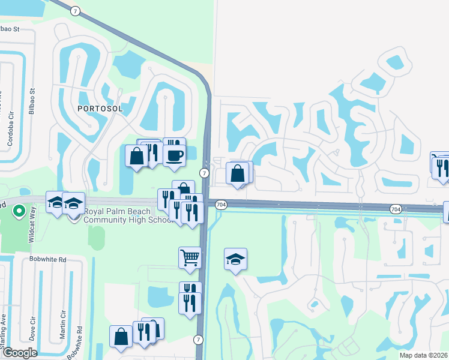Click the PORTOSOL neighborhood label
[100, 109]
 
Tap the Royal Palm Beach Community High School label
[128, 215]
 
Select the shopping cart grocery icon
[190, 257]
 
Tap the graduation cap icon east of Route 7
[236, 259]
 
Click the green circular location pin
[19, 211]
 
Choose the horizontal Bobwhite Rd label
[47, 260]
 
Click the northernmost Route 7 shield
[74, 11]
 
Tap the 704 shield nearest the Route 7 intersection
[221, 205]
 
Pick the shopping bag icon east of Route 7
[238, 173]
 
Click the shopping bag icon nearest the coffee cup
[136, 156]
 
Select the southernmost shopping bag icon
[121, 336]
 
